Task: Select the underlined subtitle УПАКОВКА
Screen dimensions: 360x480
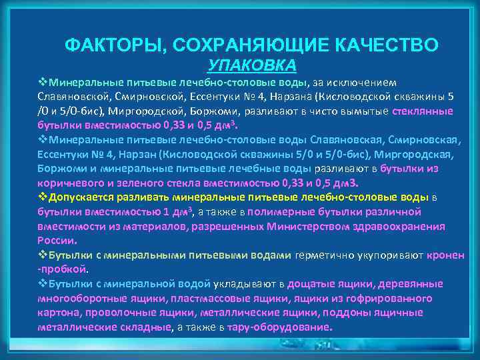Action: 252,65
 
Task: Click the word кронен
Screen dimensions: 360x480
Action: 446,255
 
